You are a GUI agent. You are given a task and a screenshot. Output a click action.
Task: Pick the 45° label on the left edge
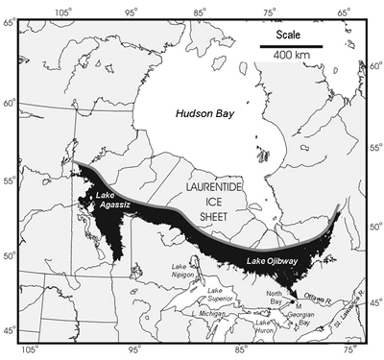pyautogui.click(x=11, y=332)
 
